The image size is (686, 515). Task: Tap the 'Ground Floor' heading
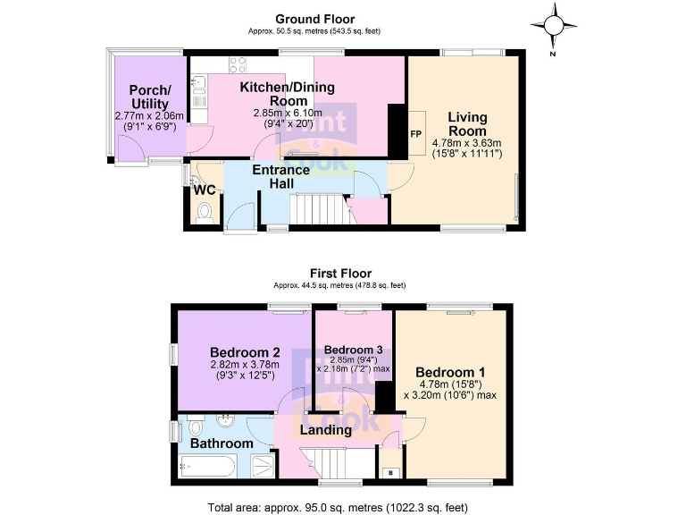[314, 19]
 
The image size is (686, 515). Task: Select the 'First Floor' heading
[340, 274]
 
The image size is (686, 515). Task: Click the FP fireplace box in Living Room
[415, 134]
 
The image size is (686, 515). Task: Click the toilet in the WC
[205, 213]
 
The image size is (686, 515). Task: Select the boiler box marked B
[389, 473]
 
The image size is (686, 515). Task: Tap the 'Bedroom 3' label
[353, 349]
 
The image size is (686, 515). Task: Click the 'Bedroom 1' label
[450, 372]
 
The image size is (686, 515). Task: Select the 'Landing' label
[325, 430]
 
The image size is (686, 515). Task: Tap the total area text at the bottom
[338, 507]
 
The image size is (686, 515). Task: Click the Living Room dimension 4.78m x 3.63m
[467, 142]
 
